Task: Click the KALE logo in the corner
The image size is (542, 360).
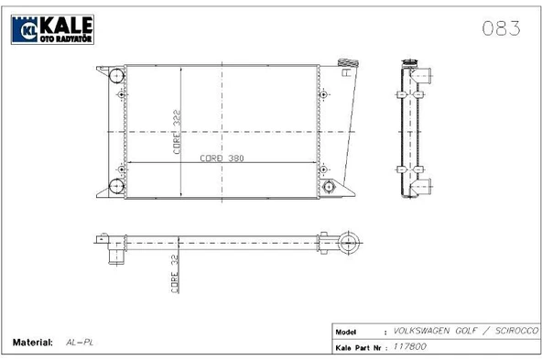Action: click(x=52, y=29)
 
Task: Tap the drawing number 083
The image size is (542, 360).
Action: click(x=501, y=28)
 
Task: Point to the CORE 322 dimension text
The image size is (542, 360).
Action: click(x=177, y=132)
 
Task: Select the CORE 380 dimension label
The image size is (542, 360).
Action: click(x=222, y=158)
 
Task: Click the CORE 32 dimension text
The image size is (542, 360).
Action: click(x=175, y=274)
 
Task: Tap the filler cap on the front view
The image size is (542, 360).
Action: click(x=348, y=63)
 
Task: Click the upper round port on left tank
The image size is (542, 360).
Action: click(x=116, y=76)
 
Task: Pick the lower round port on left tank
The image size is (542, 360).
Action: click(x=116, y=186)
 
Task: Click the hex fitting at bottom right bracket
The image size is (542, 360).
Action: click(x=329, y=187)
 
